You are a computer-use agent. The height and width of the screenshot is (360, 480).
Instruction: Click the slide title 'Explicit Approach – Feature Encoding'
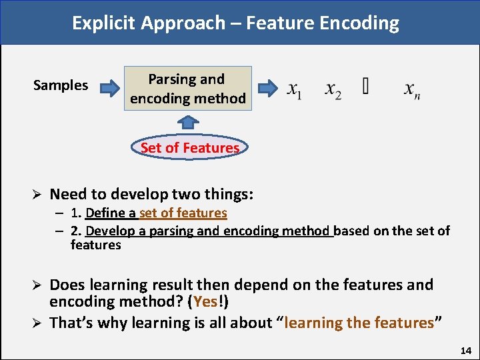pos(236,23)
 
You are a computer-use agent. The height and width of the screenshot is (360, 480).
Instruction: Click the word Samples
pos(61,85)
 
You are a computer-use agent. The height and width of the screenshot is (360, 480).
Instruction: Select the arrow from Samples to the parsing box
pos(109,88)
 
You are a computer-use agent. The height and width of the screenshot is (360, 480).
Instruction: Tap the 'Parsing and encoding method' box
pos(188,88)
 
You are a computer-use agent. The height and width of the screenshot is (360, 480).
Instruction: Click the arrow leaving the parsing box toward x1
pos(268,87)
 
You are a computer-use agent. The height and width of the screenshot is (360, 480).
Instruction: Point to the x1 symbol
pos(294,89)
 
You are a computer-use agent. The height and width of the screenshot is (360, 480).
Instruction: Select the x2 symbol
pos(333,89)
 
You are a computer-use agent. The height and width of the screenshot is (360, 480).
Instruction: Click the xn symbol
pos(412,89)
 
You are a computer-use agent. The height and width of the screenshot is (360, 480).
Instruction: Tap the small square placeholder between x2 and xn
pos(365,87)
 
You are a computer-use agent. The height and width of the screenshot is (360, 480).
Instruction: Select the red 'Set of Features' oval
pos(190,147)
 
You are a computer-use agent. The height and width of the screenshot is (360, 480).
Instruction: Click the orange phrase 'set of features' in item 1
pos(183,213)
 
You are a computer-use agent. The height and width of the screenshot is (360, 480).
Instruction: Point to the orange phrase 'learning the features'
pos(359,323)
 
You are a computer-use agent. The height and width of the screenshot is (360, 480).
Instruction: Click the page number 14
pos(465,350)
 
